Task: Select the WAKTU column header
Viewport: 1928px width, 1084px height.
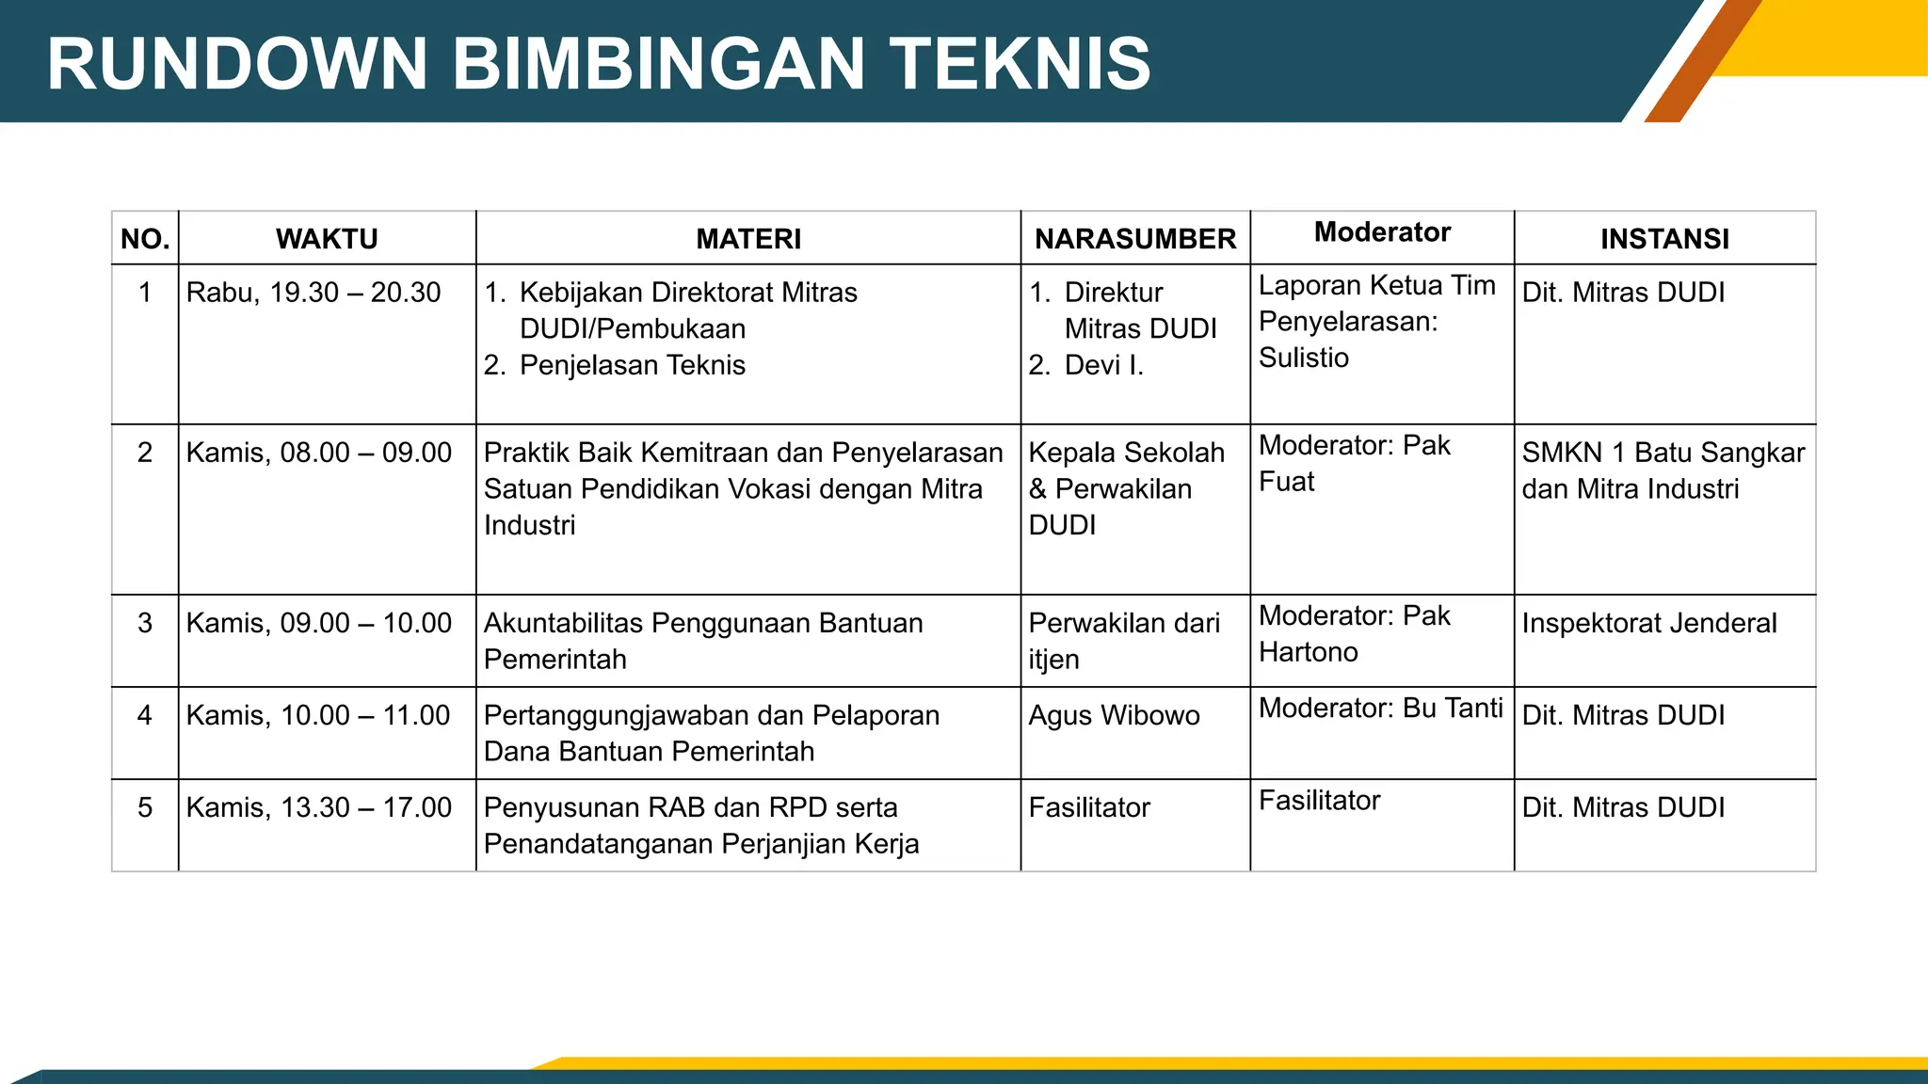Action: pyautogui.click(x=327, y=239)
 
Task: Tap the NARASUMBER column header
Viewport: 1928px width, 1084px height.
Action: pyautogui.click(x=1135, y=239)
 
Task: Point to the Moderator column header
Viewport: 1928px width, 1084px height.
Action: pyautogui.click(x=1382, y=232)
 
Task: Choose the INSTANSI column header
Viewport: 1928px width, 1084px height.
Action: pyautogui.click(x=1664, y=239)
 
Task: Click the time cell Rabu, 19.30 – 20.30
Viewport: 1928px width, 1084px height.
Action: pyautogui.click(x=313, y=293)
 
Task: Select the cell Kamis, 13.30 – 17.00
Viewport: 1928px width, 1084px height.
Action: pyautogui.click(x=319, y=807)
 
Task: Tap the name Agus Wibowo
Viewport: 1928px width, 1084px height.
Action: pyautogui.click(x=1114, y=715)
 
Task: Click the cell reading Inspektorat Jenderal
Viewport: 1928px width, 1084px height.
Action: pyautogui.click(x=1649, y=623)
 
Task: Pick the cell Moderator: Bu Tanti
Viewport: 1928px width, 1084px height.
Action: pyautogui.click(x=1381, y=708)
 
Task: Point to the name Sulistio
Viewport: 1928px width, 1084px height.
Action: pyautogui.click(x=1304, y=358)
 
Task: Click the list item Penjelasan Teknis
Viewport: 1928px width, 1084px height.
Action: pyautogui.click(x=632, y=365)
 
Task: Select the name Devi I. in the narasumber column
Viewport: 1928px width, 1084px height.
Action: pyautogui.click(x=1103, y=365)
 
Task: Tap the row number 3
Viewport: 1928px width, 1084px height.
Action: pyautogui.click(x=145, y=623)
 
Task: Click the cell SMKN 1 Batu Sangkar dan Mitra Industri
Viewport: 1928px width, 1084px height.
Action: pyautogui.click(x=1663, y=470)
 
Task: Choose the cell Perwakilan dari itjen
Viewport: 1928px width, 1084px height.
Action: pyautogui.click(x=1124, y=641)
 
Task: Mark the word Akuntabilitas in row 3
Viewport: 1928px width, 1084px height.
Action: pyautogui.click(x=563, y=623)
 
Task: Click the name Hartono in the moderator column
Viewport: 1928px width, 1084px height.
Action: pyautogui.click(x=1309, y=652)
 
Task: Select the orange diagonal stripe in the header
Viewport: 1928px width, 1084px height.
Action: pyautogui.click(x=1702, y=62)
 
